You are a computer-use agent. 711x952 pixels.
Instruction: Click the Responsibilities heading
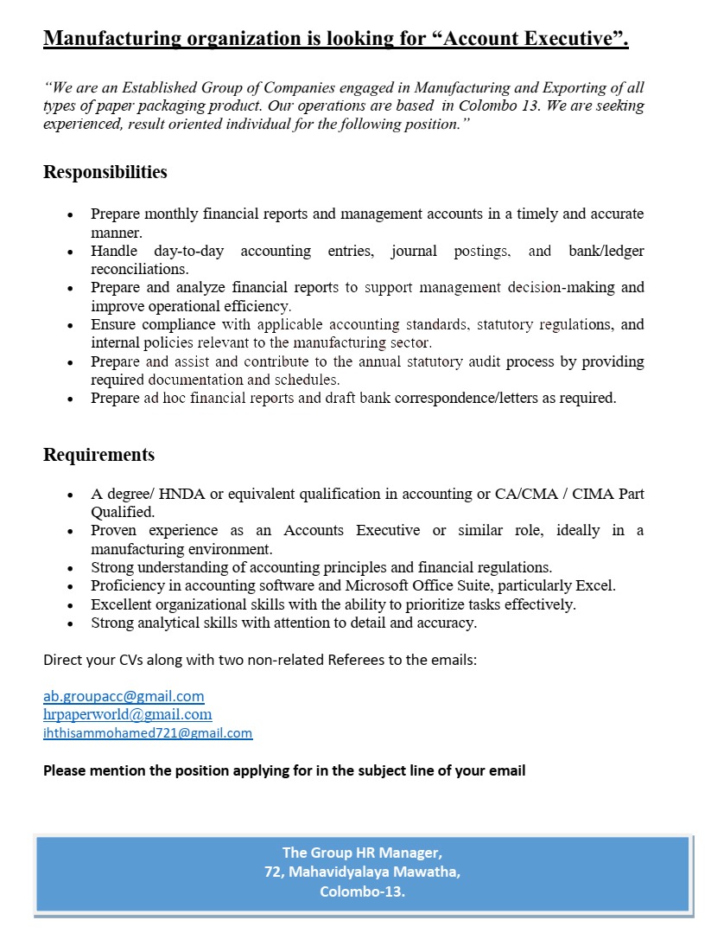[105, 172]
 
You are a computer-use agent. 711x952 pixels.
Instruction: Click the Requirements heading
[99, 455]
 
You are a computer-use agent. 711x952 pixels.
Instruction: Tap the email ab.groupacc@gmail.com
[124, 695]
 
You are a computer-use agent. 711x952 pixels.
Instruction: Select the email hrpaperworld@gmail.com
[127, 714]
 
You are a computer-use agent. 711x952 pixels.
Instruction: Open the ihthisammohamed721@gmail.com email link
[148, 733]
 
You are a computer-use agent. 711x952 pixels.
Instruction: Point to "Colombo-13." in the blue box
[362, 891]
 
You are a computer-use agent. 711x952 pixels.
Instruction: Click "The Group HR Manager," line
[362, 853]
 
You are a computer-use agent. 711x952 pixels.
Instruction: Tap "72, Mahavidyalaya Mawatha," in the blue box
[362, 872]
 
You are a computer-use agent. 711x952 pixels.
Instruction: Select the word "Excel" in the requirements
[594, 585]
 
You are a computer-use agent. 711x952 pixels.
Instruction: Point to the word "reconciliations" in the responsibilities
[141, 269]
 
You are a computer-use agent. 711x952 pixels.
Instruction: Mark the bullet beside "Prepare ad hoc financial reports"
[70, 399]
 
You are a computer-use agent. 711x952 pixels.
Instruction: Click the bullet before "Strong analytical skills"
[70, 623]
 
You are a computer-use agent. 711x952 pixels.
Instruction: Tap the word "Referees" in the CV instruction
[356, 661]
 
